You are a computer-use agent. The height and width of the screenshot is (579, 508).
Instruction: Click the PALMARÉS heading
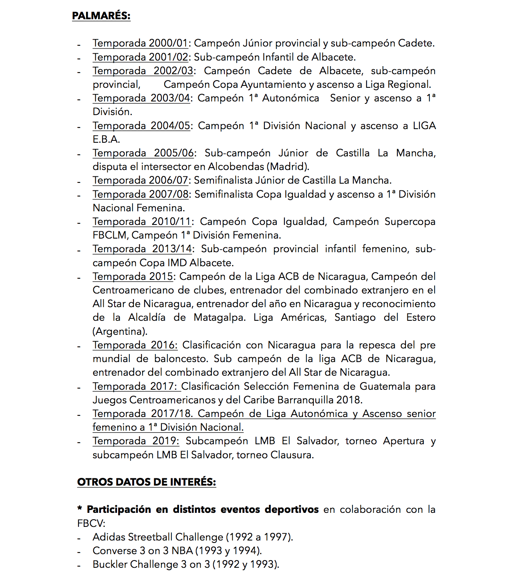point(101,16)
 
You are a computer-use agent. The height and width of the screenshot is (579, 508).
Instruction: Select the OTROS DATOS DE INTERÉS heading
point(146,482)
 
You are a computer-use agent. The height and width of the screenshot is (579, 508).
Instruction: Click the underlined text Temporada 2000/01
point(140,43)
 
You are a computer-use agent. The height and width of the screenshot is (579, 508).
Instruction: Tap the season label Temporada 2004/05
point(141,126)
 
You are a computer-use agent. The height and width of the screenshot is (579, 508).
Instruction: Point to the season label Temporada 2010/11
point(142,222)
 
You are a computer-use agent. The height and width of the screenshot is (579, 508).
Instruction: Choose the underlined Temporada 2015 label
point(133,277)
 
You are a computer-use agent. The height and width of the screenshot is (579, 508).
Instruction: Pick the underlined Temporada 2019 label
point(136,441)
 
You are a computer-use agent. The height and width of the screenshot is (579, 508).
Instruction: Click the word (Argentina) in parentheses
point(120,332)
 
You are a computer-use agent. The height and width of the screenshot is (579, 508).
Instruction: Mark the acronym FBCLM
point(110,235)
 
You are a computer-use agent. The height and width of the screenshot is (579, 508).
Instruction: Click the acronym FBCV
point(91,524)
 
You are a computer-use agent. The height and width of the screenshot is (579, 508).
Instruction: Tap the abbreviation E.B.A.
point(106,140)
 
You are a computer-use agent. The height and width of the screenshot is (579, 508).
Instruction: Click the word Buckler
point(110,565)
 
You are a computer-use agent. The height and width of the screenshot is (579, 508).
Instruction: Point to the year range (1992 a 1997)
point(260,537)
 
